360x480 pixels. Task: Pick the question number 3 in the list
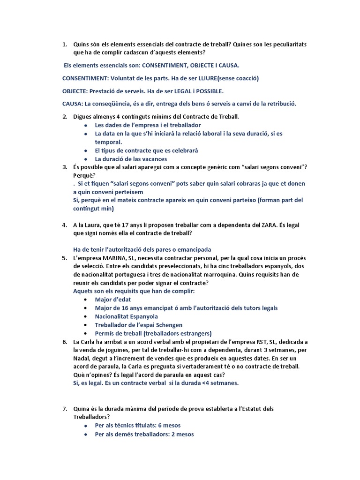coord(64,167)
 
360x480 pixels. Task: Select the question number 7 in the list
coord(64,409)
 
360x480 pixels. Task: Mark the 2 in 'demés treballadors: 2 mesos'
coord(172,434)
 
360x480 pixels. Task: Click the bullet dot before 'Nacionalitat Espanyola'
coord(85,316)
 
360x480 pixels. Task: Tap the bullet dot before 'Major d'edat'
coord(85,300)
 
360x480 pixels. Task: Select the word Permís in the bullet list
coord(105,333)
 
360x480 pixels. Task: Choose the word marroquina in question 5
coord(179,275)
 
